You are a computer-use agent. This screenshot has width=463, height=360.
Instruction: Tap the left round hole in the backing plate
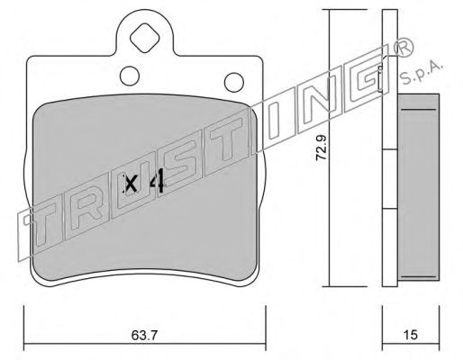[130, 76]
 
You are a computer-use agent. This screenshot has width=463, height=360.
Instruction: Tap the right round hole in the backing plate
[234, 82]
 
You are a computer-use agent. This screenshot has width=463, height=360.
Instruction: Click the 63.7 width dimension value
[144, 335]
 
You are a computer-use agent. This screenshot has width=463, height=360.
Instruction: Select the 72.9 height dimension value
[321, 148]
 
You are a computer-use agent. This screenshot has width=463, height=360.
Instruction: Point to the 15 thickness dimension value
[411, 335]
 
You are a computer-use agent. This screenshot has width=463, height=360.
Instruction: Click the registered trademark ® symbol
[402, 47]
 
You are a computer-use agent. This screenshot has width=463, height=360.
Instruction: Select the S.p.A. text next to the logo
[422, 72]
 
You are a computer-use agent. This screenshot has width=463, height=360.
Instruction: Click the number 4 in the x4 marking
[157, 180]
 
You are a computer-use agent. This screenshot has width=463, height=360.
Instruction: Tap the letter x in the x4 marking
[132, 184]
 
